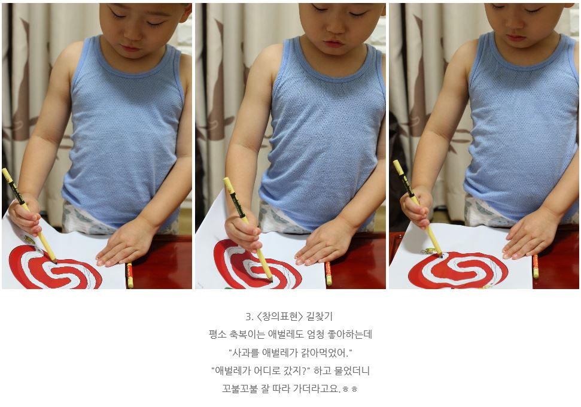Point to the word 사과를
coord(245,353)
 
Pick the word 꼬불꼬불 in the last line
coord(239,388)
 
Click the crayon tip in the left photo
coord(55,262)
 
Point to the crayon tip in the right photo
coord(440,256)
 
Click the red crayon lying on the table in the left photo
coord(129,275)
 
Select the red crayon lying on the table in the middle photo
coord(328,274)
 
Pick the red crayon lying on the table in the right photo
coord(535,266)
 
